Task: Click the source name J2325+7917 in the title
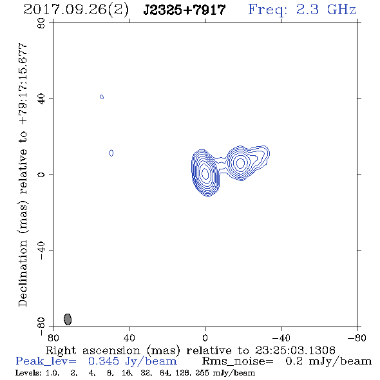(x=184, y=10)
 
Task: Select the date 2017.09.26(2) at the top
(x=77, y=10)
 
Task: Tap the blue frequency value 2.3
(x=307, y=10)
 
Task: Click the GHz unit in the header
(x=341, y=10)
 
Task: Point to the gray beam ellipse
(x=68, y=319)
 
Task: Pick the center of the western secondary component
(x=241, y=163)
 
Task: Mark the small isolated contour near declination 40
(x=102, y=97)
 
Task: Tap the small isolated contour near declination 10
(x=111, y=153)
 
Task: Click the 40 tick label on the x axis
(x=129, y=337)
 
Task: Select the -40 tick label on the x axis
(x=281, y=337)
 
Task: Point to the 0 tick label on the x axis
(x=205, y=337)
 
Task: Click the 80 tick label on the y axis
(x=41, y=23)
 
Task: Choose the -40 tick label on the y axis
(x=41, y=251)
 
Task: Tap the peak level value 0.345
(x=104, y=361)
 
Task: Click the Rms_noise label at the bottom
(x=238, y=361)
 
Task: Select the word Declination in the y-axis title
(x=23, y=273)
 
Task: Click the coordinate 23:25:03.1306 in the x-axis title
(x=295, y=350)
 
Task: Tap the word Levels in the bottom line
(x=28, y=372)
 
